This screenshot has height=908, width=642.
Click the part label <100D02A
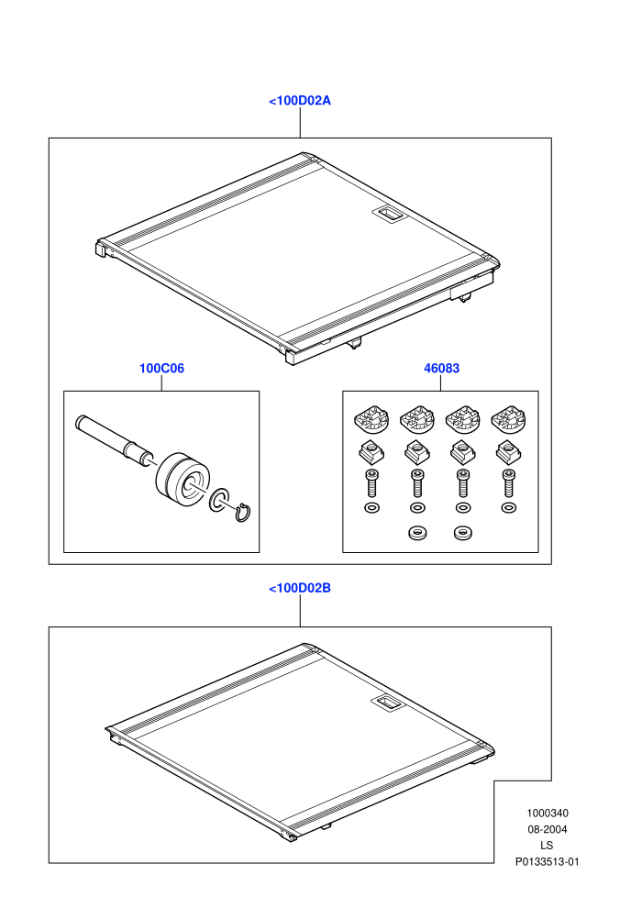pyautogui.click(x=300, y=101)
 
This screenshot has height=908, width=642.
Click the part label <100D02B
pyautogui.click(x=300, y=588)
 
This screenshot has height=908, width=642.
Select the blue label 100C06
pyautogui.click(x=161, y=369)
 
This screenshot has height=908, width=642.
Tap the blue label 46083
pyautogui.click(x=442, y=369)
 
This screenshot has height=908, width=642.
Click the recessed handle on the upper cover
pyautogui.click(x=388, y=214)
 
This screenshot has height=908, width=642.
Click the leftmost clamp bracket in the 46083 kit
pyautogui.click(x=371, y=418)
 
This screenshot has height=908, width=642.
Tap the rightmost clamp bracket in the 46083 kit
pyautogui.click(x=508, y=418)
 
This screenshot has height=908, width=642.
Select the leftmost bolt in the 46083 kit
pyautogui.click(x=371, y=482)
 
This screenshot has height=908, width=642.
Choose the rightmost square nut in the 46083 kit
pyautogui.click(x=508, y=452)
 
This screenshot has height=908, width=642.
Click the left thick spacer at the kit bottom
pyautogui.click(x=416, y=532)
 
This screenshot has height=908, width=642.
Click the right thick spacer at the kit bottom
pyautogui.click(x=462, y=532)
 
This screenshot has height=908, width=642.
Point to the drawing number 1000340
pyautogui.click(x=547, y=813)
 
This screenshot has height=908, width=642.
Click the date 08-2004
pyautogui.click(x=547, y=829)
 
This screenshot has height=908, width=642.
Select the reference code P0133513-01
pyautogui.click(x=547, y=861)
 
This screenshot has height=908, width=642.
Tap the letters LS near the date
pyautogui.click(x=547, y=846)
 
